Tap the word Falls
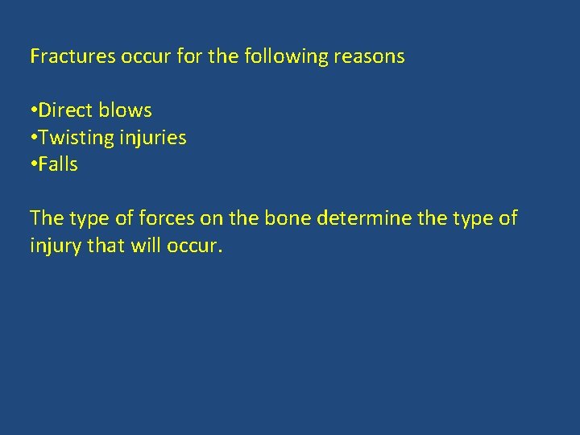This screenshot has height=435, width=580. pos(58,164)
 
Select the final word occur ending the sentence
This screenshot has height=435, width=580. pos(194,245)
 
